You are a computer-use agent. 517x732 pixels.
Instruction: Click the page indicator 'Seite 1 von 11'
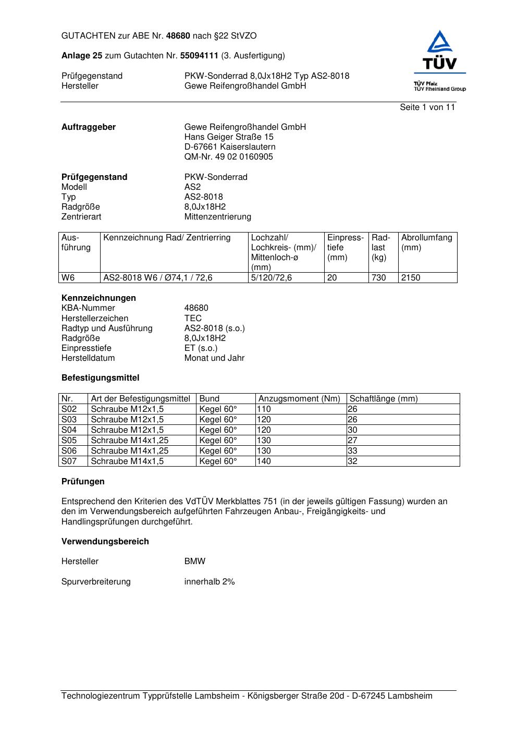pos(427,107)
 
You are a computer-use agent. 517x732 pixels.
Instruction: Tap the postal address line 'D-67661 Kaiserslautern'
pos(230,147)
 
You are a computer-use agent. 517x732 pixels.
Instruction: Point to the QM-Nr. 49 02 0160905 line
pos(228,157)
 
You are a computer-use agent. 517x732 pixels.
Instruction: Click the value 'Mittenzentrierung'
pos(217,217)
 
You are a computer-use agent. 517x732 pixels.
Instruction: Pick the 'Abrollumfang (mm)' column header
pos(426,242)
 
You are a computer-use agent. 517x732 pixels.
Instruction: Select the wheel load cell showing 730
pos(379,278)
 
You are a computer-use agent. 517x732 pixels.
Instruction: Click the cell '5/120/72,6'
pos(271,278)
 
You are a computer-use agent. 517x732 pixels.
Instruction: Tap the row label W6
pos(68,278)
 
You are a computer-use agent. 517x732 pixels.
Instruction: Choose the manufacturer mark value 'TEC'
pos(193,319)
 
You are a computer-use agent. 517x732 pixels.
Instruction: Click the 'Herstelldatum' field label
pos(88,358)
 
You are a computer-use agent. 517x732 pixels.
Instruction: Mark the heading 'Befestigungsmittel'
pos(100,378)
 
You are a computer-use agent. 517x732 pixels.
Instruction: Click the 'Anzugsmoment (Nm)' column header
pos(299,399)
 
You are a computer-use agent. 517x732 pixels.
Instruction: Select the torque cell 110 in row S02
pos(264,409)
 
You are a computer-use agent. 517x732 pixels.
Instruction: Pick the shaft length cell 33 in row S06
pos(353,451)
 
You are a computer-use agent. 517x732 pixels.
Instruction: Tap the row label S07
pos(69,461)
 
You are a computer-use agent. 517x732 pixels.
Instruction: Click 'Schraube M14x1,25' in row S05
pos(129,441)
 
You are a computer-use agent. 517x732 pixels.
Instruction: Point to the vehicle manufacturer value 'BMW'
pos(195,562)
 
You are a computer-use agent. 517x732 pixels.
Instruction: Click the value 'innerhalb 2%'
pos(210,582)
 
